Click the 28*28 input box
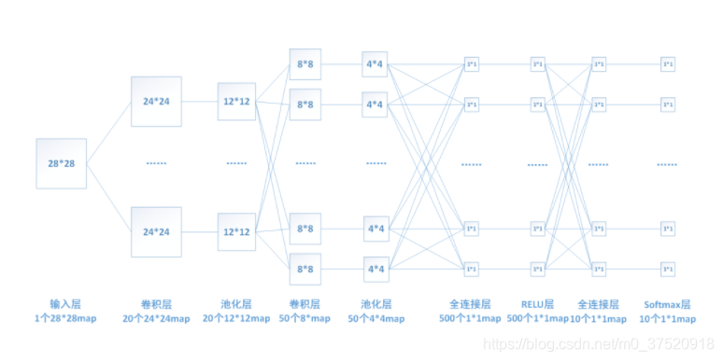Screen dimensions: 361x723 pos(61,163)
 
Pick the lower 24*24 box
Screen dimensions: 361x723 pos(156,231)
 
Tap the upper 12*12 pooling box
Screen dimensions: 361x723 pos(236,101)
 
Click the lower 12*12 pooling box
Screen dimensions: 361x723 pos(236,231)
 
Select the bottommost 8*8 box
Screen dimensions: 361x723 pos(305,269)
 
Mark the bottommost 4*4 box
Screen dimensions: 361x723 pos(376,269)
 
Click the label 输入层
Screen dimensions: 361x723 pos(64,304)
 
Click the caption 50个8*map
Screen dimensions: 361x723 pos(306,319)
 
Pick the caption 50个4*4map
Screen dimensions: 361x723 pos(376,319)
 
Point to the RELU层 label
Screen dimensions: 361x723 pos(537,304)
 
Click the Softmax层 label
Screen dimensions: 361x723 pos(667,304)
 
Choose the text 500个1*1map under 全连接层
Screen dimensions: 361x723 pos(471,319)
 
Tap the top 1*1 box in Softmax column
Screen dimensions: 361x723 pos(667,64)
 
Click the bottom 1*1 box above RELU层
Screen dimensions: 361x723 pos(537,269)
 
